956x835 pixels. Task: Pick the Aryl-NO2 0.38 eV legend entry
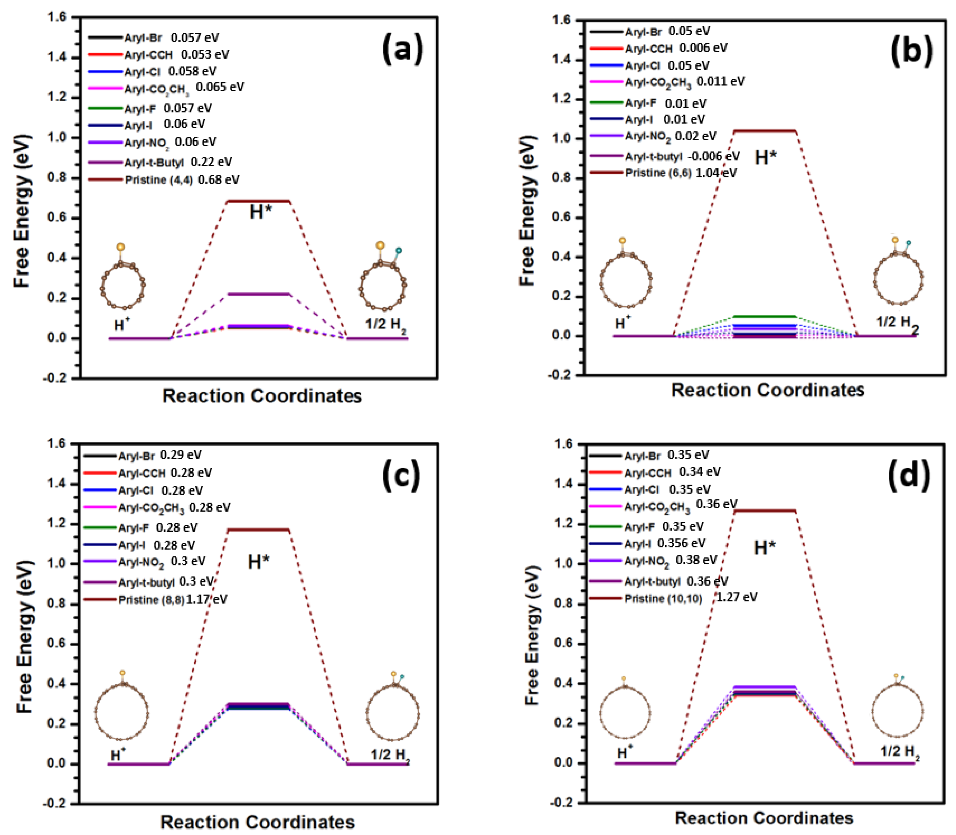point(670,561)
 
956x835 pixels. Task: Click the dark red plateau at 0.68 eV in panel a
point(258,201)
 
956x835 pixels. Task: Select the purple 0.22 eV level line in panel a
point(258,294)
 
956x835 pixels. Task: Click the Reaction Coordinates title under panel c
point(257,822)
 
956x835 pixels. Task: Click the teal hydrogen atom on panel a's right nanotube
point(398,251)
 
